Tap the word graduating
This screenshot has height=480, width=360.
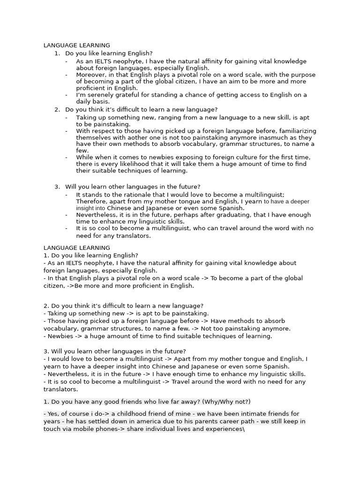[x=235, y=215]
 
